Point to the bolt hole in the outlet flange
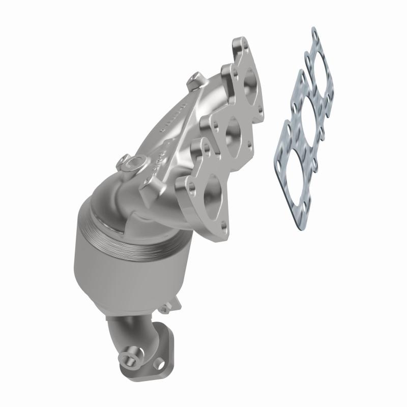tap(160, 364)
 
